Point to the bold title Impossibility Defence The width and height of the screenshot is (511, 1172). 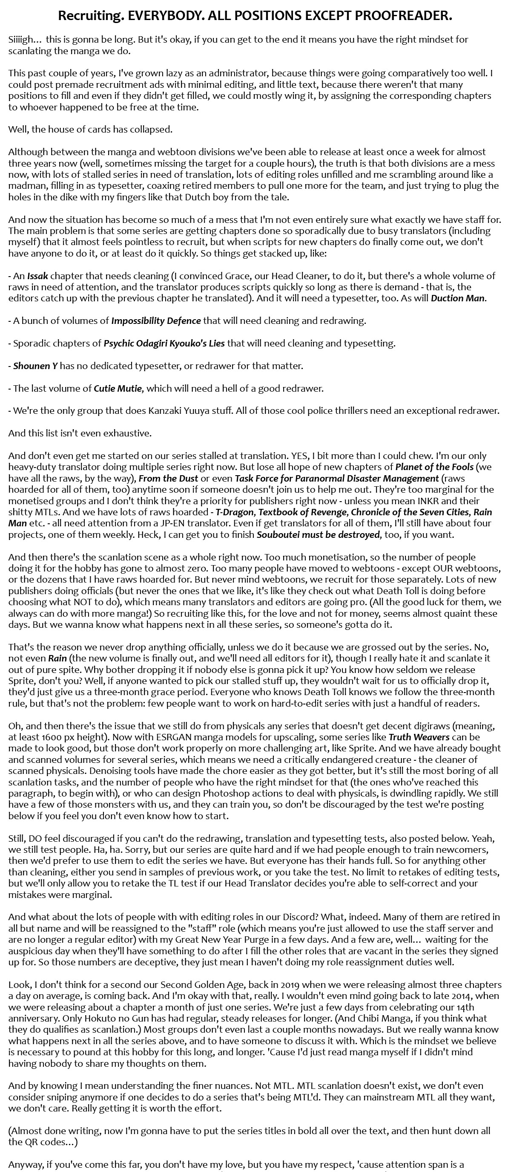tap(156, 321)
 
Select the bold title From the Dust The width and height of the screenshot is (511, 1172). tap(168, 478)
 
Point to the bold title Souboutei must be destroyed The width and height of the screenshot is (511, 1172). tap(318, 534)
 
